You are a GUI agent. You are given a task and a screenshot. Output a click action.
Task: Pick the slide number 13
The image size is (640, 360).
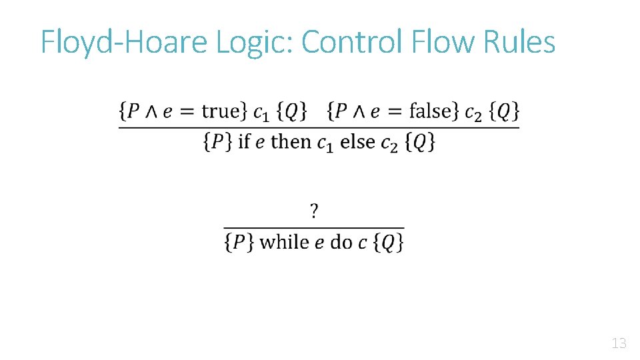(618, 344)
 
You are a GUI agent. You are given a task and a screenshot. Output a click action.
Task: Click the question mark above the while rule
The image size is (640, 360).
(314, 212)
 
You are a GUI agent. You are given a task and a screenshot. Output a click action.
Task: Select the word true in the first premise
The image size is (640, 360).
(220, 111)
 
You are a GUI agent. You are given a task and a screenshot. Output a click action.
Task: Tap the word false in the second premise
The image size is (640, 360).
(431, 111)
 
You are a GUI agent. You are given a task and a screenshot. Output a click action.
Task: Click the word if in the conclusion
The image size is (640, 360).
(245, 141)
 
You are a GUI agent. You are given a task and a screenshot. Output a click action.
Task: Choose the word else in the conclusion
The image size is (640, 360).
(357, 141)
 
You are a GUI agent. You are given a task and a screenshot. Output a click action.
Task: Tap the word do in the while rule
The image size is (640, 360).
(341, 241)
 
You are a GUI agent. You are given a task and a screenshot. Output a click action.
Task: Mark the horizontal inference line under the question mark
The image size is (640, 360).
(314, 228)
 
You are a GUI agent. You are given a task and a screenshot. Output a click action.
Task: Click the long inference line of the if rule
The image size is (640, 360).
(319, 127)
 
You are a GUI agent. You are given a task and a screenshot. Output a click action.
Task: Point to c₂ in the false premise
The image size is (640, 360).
(473, 113)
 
